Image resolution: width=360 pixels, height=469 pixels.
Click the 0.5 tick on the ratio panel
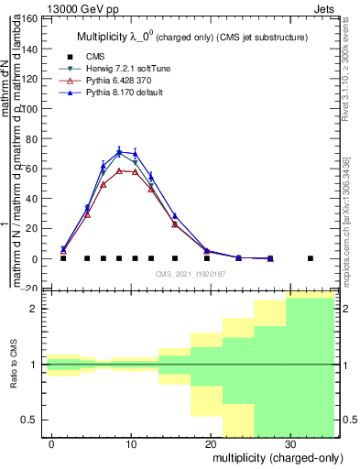(x=28, y=420)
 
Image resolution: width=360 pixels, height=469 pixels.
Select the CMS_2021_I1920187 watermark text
(x=190, y=274)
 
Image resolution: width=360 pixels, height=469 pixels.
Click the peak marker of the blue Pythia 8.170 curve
(x=119, y=151)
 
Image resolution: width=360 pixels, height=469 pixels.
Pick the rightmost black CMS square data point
(x=311, y=258)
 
